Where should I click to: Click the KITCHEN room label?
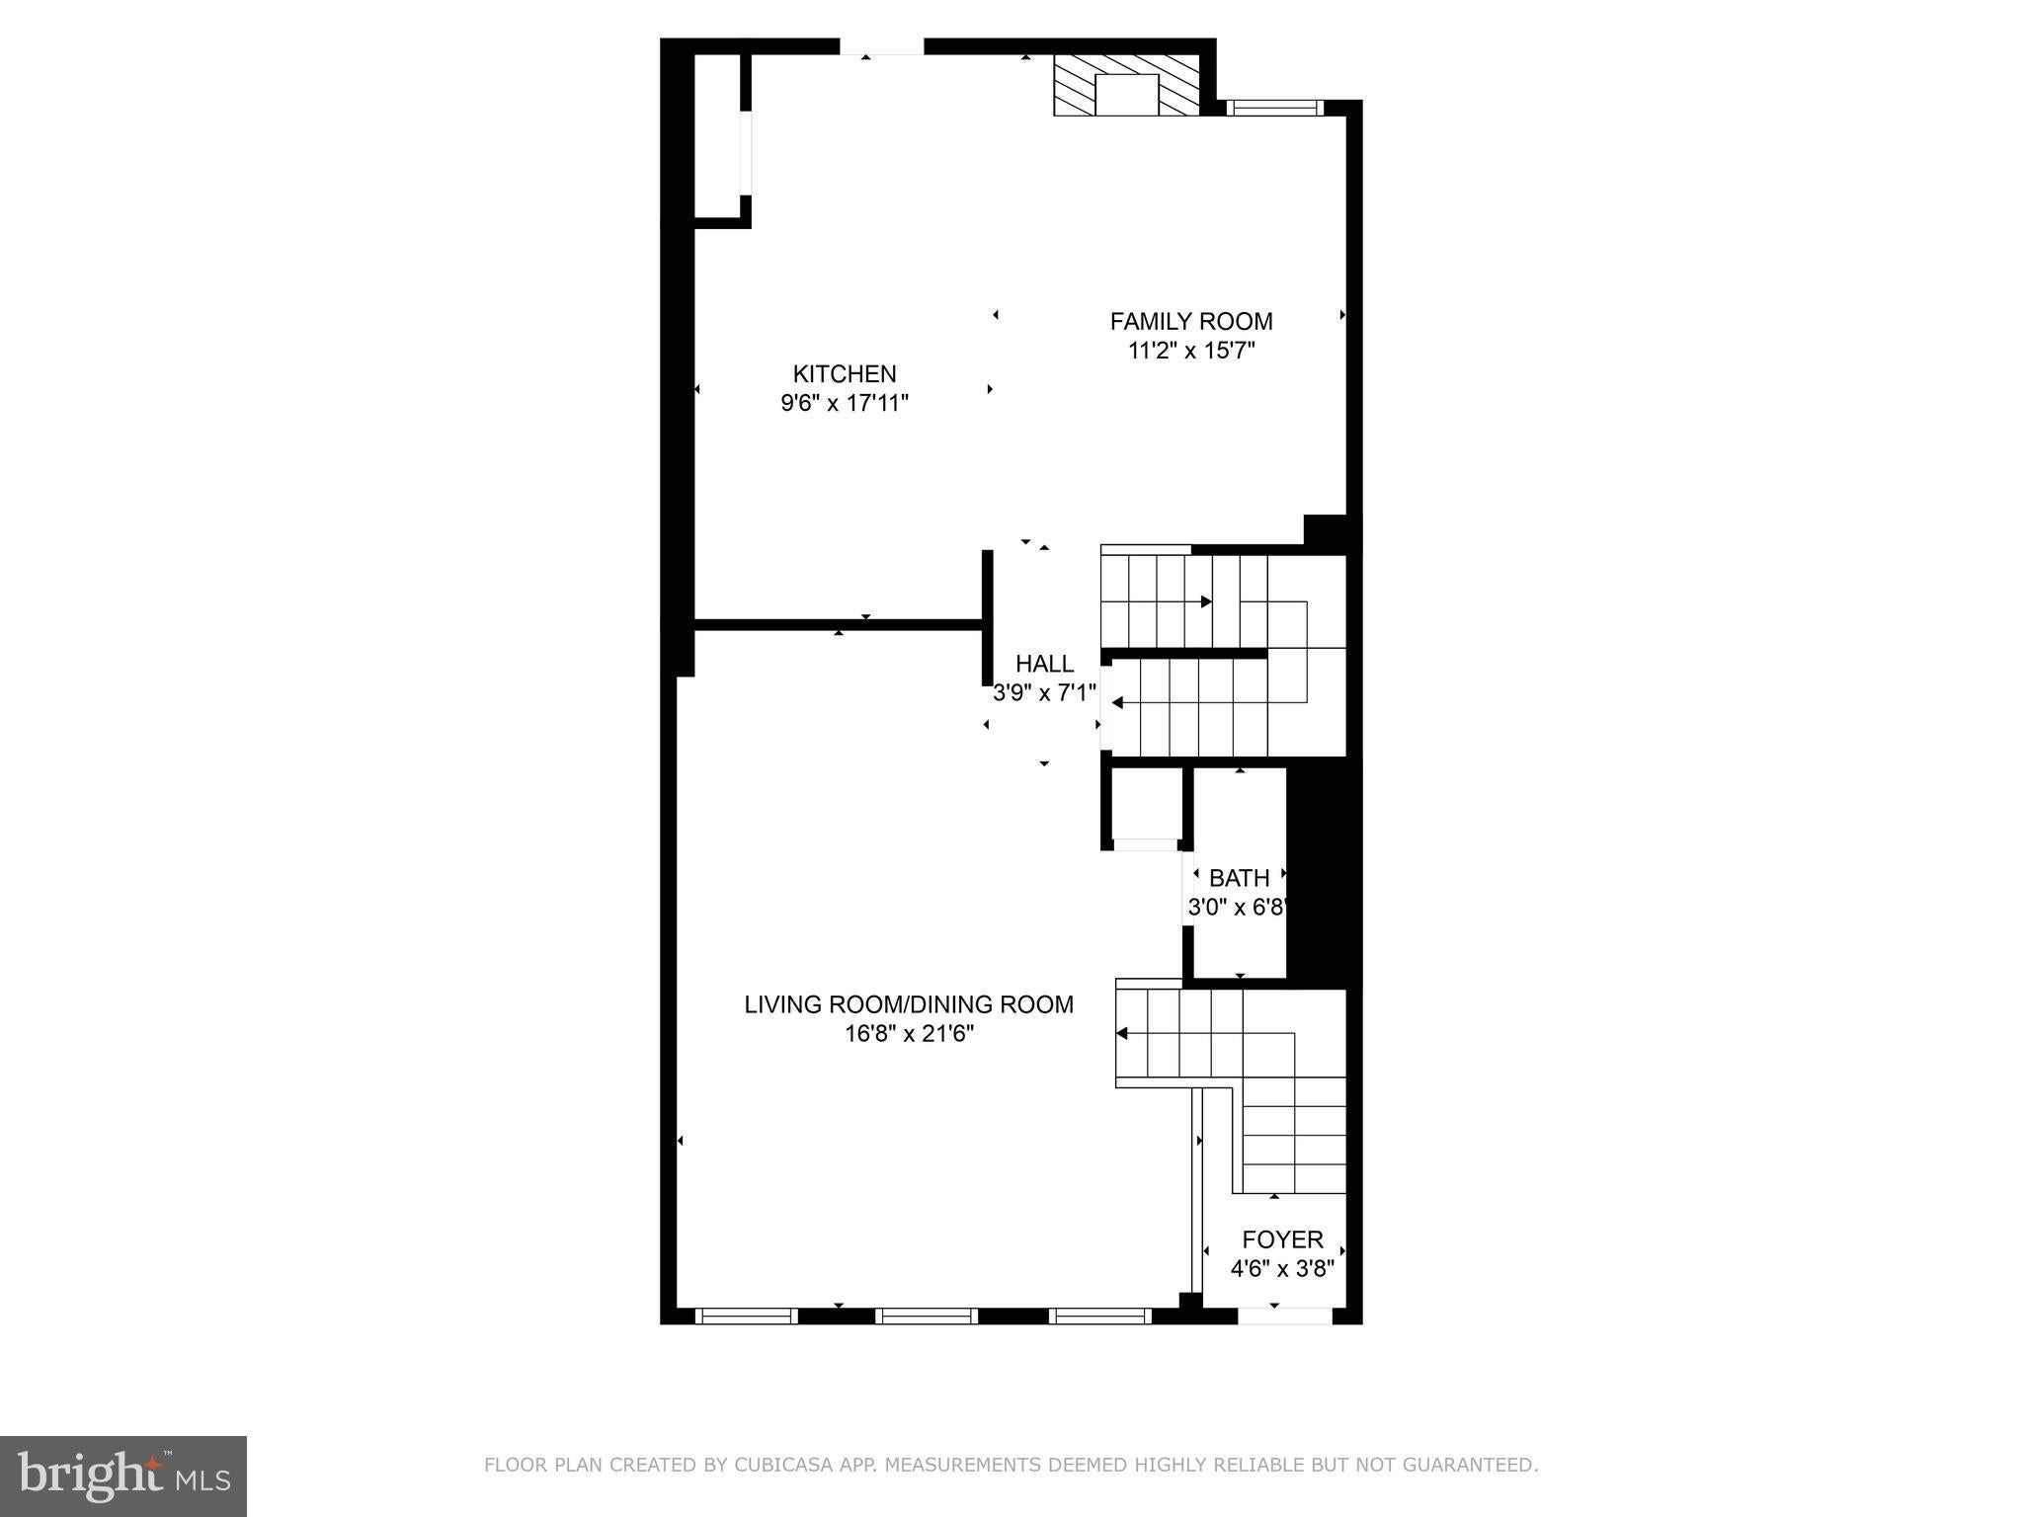tap(845, 373)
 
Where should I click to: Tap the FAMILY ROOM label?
tap(1191, 321)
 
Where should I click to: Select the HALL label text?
tap(1044, 664)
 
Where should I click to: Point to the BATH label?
tap(1239, 877)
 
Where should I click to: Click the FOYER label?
tap(1282, 1239)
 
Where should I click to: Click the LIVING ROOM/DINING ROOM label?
tap(909, 1004)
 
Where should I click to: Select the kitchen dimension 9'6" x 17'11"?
tap(845, 403)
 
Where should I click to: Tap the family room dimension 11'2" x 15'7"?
tap(1191, 351)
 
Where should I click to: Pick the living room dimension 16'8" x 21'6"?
tap(909, 1034)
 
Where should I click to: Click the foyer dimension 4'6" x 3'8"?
tap(1282, 1269)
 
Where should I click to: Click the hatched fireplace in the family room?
tap(1127, 85)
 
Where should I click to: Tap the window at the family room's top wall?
tap(1274, 108)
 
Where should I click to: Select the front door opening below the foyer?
tap(1284, 1316)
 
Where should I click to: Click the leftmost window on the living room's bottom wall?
tap(747, 1316)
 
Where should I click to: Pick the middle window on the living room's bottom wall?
tap(927, 1316)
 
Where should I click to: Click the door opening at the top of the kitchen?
tap(882, 46)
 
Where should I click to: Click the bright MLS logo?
tap(123, 1477)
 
